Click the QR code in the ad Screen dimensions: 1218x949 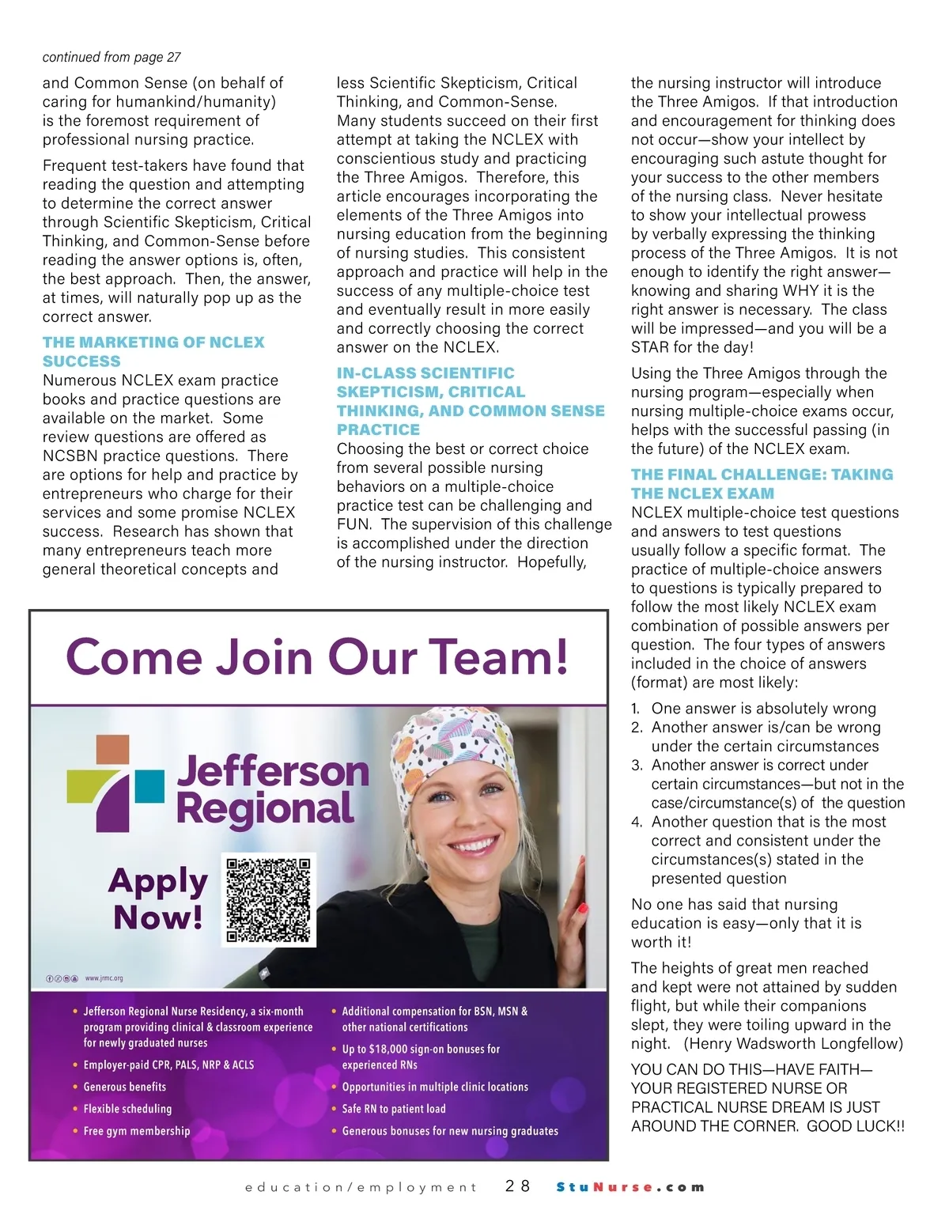pos(269,900)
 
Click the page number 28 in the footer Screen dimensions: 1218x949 pos(518,1186)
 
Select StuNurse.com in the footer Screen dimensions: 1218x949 pos(630,1187)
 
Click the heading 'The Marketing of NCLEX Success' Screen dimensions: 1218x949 pos(153,352)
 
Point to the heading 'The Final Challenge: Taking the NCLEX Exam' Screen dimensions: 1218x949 pos(762,484)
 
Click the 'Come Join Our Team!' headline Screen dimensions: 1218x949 pos(317,656)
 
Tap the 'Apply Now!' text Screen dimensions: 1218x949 pos(158,898)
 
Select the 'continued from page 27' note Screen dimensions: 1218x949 pos(112,57)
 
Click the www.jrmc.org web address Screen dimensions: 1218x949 pos(104,978)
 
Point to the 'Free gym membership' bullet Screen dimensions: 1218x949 pos(137,1131)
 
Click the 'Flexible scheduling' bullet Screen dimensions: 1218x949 pos(127,1109)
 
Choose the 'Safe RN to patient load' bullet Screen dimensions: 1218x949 pos(394,1109)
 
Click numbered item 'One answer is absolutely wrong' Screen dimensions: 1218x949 pos(763,709)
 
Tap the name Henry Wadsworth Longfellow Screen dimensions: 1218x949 pos(793,1044)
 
